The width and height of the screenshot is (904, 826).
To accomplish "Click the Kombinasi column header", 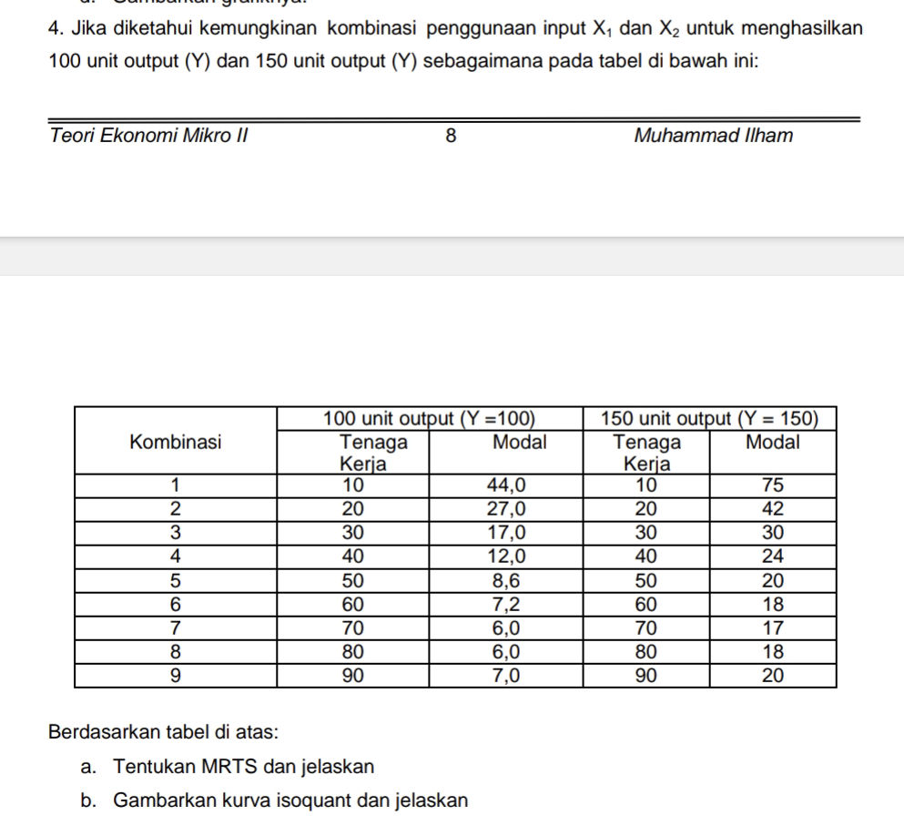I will point(176,443).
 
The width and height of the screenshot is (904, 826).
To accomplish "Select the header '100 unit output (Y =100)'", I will point(429,419).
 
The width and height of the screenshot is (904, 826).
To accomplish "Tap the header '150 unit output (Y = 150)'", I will point(708,419).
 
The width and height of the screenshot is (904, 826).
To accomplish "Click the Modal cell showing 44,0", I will point(504,484).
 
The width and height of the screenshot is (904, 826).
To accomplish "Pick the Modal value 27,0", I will point(504,508).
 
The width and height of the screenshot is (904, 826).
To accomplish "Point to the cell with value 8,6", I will point(504,580).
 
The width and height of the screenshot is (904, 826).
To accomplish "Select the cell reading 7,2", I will point(504,604).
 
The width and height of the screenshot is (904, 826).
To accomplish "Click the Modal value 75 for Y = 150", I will point(773,484).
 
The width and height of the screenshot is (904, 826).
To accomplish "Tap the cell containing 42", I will point(773,508).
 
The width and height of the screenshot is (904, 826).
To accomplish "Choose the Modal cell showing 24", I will point(773,556).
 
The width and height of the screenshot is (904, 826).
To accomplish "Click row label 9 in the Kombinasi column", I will point(176,676).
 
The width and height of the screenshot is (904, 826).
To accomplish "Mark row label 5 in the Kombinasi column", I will point(176,580).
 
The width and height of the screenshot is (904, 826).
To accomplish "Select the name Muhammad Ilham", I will point(713,137).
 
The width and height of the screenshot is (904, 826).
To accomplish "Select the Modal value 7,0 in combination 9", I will point(504,676).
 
